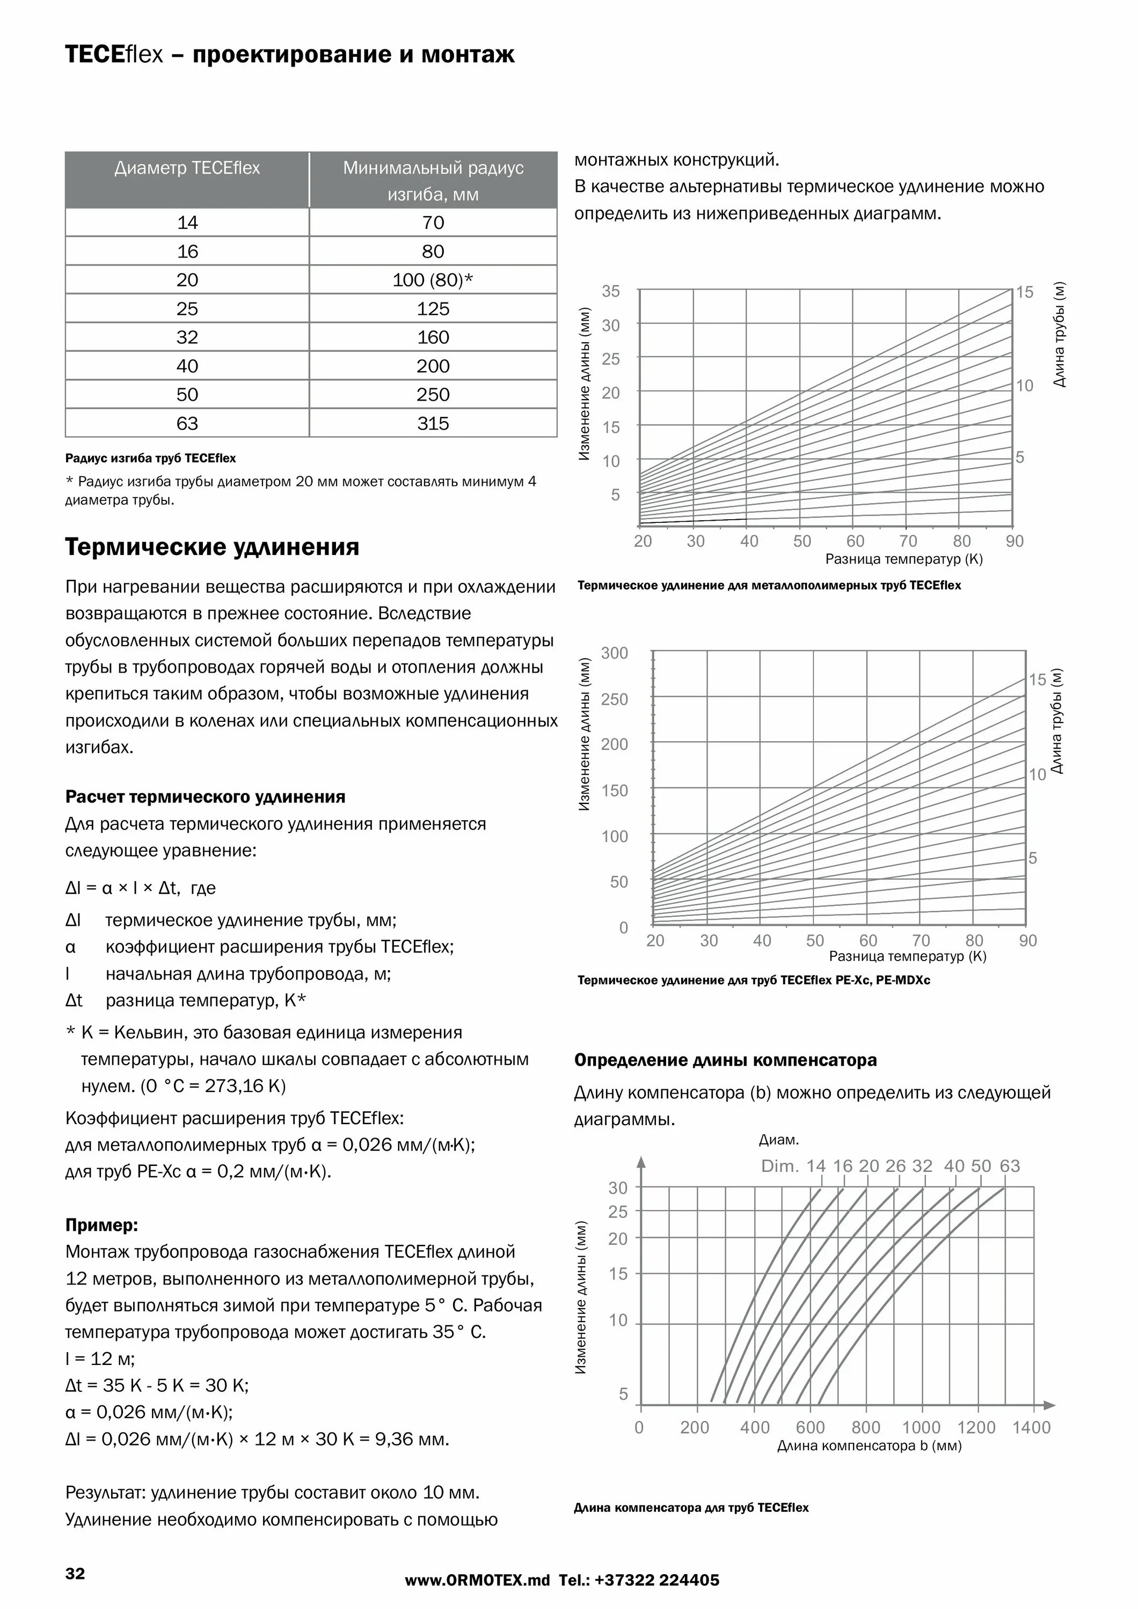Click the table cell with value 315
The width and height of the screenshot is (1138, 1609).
[x=433, y=423]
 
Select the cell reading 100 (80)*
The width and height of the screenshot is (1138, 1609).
[x=433, y=281]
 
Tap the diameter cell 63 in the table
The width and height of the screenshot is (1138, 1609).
[x=187, y=423]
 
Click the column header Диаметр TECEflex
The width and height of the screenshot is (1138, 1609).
[x=187, y=168]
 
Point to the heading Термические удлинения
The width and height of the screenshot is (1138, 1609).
[x=211, y=547]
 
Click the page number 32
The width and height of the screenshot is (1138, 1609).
[x=75, y=1573]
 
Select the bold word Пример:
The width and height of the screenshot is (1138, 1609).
[x=101, y=1225]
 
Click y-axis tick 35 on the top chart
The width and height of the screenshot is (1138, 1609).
[x=611, y=292]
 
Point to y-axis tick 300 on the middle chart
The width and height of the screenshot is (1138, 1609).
[x=615, y=653]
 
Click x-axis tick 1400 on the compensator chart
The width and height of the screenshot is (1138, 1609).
[x=1031, y=1428]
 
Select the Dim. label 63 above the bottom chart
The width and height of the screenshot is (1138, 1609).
[x=1010, y=1166]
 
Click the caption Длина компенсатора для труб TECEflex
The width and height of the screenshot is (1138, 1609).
[x=691, y=1508]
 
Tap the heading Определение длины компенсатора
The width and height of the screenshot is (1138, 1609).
[x=725, y=1060]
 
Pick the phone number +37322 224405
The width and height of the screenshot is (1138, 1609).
[x=657, y=1580]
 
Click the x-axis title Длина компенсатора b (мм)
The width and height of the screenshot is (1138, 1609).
[x=869, y=1446]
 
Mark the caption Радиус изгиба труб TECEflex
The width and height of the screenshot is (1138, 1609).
[x=150, y=459]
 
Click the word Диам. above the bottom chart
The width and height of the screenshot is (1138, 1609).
[x=778, y=1140]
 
